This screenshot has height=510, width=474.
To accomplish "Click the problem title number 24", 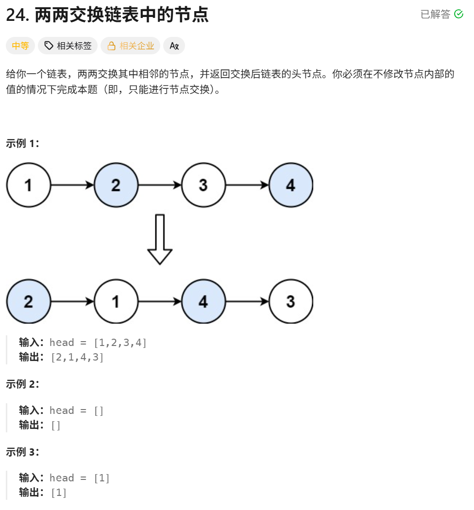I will tap(17, 15).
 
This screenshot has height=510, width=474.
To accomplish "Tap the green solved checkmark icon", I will tap(458, 15).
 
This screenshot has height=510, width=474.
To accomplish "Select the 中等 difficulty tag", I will tap(20, 46).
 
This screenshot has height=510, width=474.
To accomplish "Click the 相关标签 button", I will tap(68, 46).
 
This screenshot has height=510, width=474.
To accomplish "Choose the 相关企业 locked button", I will tap(131, 46).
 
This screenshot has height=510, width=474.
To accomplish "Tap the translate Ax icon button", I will tap(174, 46).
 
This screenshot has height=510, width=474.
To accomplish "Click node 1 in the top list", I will tap(29, 185).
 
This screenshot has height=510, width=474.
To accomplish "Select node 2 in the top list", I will tap(116, 185).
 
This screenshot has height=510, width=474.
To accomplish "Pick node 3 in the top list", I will tap(203, 185).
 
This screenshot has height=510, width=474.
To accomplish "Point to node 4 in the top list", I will tap(290, 185).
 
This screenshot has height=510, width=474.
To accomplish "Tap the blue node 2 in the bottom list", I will tap(29, 301).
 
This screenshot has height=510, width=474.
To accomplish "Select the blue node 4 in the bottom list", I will tap(203, 301).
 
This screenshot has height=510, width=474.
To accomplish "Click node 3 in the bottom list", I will tap(290, 301).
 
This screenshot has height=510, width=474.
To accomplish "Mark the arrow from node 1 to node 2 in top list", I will tap(72, 185).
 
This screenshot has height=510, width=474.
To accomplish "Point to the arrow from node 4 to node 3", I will tap(247, 301).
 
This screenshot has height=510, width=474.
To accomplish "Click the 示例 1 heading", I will tap(22, 143).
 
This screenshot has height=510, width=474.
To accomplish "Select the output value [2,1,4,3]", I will tap(77, 358).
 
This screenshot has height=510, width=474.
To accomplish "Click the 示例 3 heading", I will tap(22, 452).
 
